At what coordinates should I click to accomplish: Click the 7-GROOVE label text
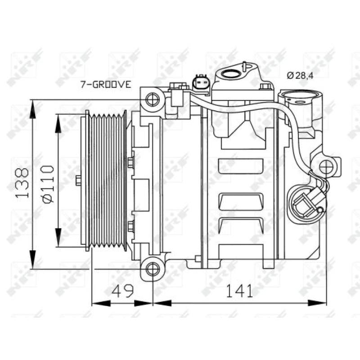coord(106,84)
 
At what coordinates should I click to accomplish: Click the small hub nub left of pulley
coord(78,181)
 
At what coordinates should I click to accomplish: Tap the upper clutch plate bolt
coord(131,162)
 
